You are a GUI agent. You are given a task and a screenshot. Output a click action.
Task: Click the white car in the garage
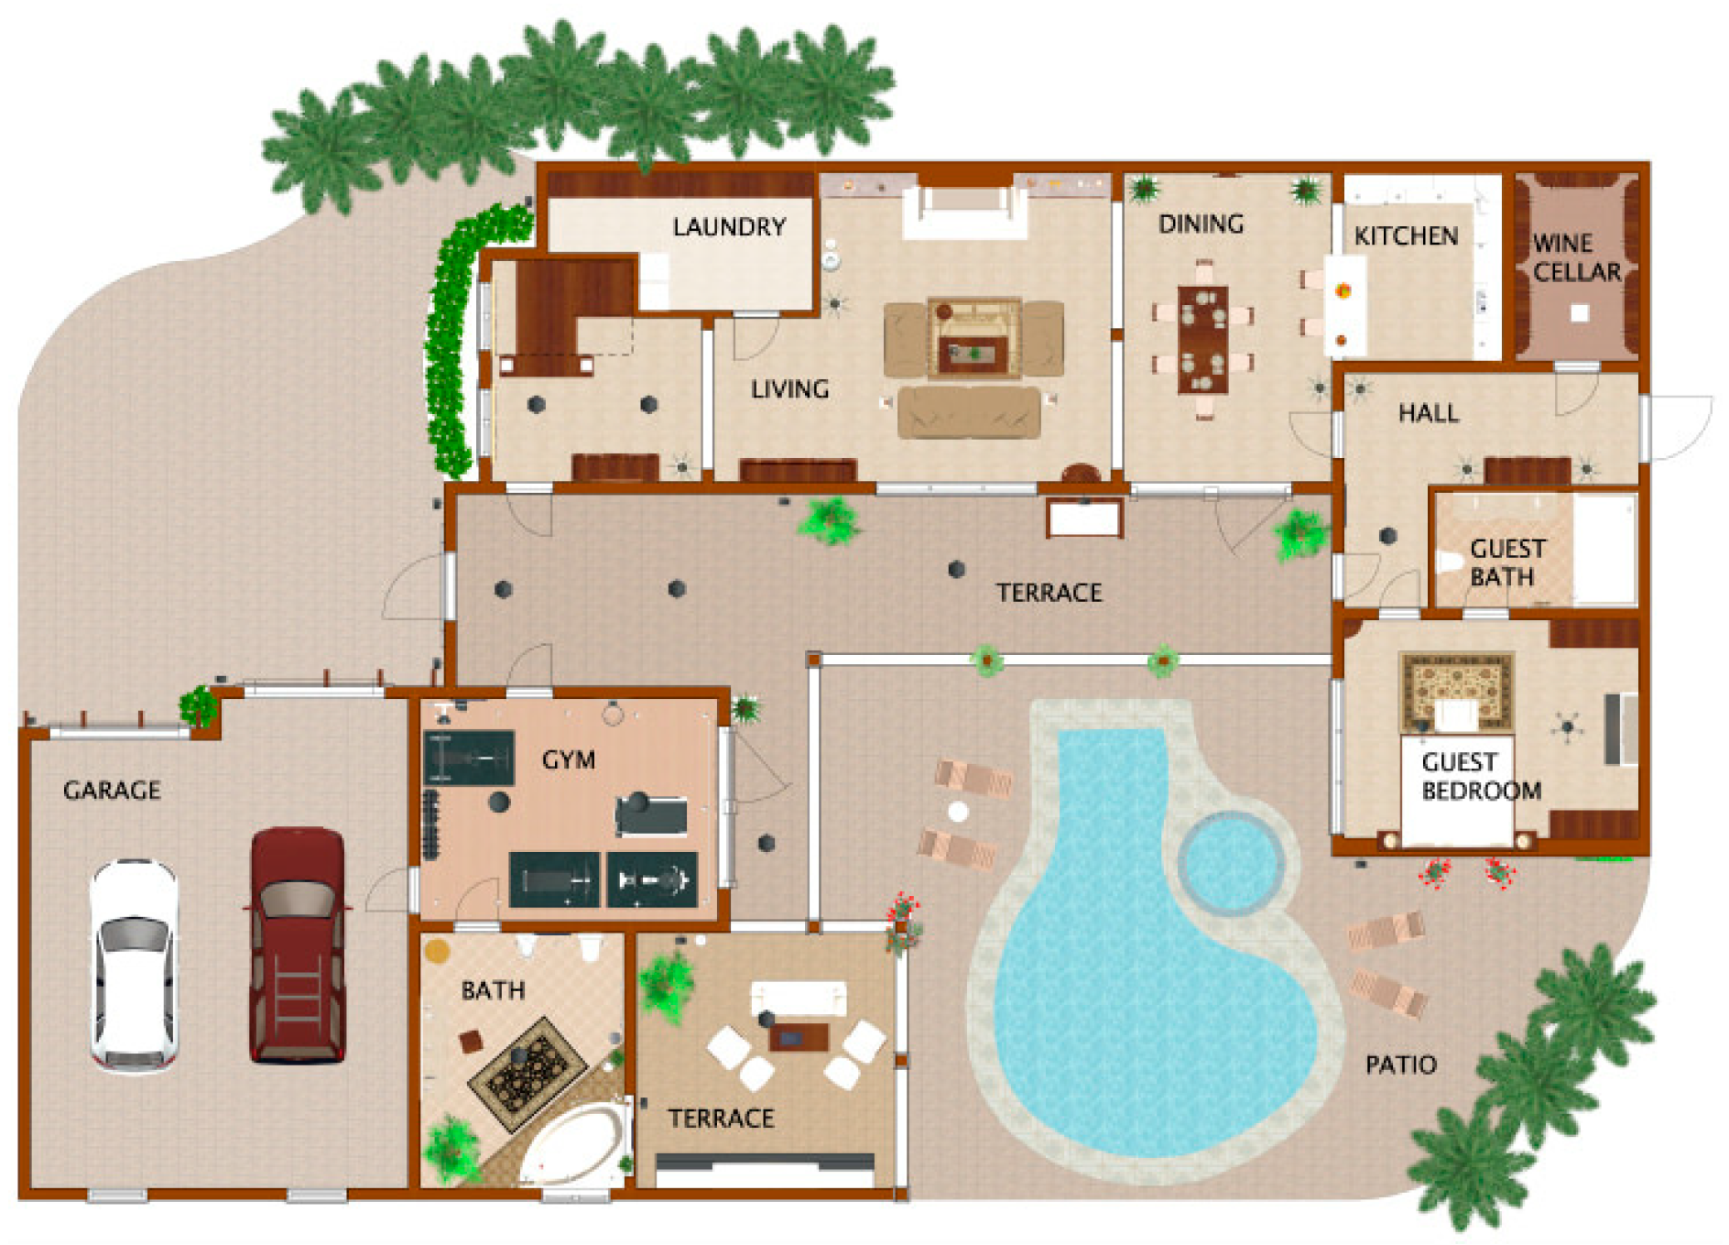coord(134,966)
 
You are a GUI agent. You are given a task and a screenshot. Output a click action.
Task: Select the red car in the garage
coord(298,945)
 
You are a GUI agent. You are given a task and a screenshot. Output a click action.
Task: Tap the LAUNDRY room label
coord(729,226)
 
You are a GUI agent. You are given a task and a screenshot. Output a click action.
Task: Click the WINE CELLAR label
coord(1577,257)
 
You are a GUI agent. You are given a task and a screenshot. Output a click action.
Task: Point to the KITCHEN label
coord(1406,236)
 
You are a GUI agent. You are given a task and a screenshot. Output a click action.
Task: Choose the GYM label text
coord(569,759)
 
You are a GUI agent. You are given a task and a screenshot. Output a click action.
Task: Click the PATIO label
coord(1401,1065)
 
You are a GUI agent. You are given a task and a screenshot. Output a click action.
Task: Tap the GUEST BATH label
coord(1507,562)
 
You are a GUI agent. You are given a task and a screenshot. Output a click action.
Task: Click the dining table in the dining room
coord(1202,340)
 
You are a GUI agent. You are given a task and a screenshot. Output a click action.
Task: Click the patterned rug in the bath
coord(527,1073)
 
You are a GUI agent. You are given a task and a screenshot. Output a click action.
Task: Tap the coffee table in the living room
coord(973,337)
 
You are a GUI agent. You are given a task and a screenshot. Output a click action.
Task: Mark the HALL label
coord(1429,413)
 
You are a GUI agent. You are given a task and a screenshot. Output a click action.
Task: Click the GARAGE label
coord(112,790)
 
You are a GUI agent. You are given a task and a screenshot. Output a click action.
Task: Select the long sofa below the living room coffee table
coord(969,412)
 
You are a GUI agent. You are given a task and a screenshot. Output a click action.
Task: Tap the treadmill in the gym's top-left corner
coord(469,758)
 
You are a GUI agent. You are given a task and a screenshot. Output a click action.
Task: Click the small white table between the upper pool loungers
coord(958,812)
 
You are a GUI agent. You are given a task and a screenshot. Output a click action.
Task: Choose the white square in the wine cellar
coord(1579,313)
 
